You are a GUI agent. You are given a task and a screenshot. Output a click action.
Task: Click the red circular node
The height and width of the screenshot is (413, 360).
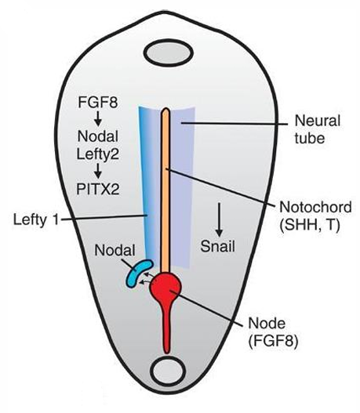pyautogui.click(x=165, y=288)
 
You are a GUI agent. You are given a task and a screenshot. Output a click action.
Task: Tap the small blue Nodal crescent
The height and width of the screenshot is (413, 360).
pyautogui.click(x=137, y=273)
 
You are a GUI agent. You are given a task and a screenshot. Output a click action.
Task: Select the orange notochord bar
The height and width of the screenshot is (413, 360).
pyautogui.click(x=165, y=190)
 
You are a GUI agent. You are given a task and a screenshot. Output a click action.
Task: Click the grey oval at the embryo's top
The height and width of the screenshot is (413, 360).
pyautogui.click(x=169, y=53)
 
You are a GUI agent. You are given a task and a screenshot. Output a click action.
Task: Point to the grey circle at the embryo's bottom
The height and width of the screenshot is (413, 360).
pyautogui.click(x=168, y=372)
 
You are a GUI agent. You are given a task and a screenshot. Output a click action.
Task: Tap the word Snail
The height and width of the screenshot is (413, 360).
pyautogui.click(x=218, y=247)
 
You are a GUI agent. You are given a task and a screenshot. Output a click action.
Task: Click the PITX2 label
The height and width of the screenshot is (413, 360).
pyautogui.click(x=98, y=189)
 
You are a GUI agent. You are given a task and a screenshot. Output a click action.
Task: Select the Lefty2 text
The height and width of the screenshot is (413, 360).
pyautogui.click(x=98, y=154)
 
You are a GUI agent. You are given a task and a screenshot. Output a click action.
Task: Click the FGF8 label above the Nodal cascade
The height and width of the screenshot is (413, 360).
pyautogui.click(x=98, y=102)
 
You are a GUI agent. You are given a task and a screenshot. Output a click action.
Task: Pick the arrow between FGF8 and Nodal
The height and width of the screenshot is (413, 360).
pyautogui.click(x=98, y=118)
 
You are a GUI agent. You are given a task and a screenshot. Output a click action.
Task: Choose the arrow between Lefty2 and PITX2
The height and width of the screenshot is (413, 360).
pyautogui.click(x=98, y=171)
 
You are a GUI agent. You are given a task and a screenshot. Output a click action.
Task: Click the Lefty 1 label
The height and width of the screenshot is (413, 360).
pyautogui.click(x=36, y=219)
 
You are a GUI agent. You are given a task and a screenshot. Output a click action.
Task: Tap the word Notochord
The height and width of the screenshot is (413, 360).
pyautogui.click(x=315, y=208)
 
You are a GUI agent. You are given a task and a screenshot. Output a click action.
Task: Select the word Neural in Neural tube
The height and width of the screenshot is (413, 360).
pyautogui.click(x=318, y=121)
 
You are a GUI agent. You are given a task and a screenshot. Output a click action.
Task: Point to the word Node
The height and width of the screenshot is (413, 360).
pyautogui.click(x=267, y=323)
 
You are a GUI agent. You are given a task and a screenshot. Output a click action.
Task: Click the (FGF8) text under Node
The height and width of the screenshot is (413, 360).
pyautogui.click(x=273, y=342)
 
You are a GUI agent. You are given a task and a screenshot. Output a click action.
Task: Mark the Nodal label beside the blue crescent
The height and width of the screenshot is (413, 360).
pyautogui.click(x=115, y=251)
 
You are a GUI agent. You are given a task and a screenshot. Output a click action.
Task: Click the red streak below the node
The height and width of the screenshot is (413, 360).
pyautogui.click(x=166, y=329)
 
